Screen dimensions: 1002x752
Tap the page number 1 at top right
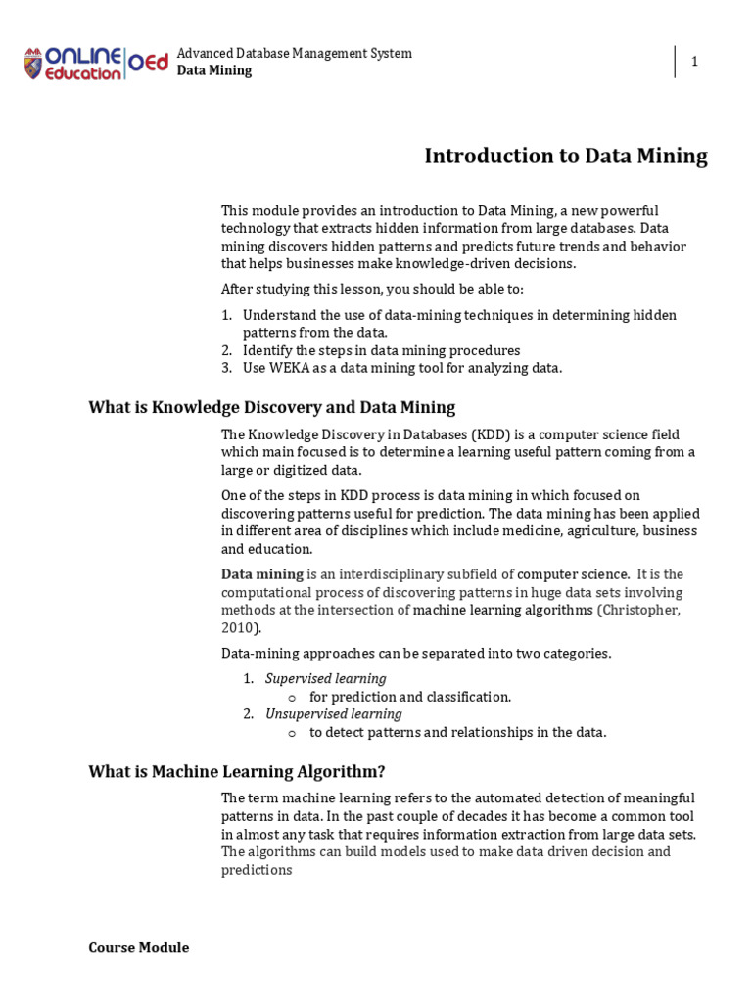694,62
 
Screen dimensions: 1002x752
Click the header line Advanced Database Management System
294,53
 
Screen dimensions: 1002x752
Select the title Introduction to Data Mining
565,157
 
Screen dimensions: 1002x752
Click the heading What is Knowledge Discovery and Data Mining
271,407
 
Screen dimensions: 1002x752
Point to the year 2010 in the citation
239,628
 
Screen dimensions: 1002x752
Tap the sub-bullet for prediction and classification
410,697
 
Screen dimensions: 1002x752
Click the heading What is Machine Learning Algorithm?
243,771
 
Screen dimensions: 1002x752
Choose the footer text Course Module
138,947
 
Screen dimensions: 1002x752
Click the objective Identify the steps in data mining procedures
381,350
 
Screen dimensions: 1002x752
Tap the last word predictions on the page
257,870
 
